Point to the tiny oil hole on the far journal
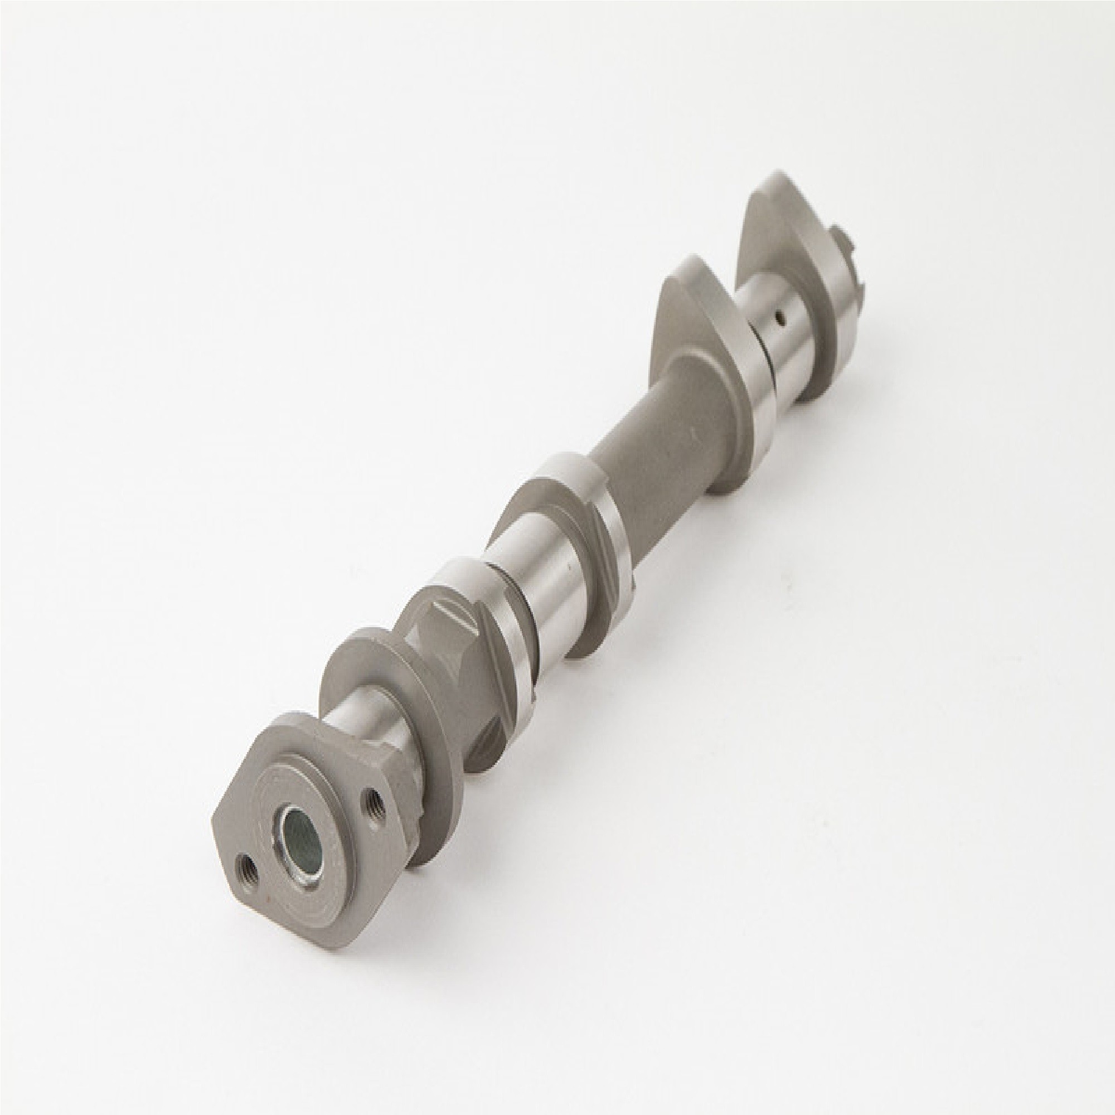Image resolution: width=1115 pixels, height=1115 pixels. [780, 316]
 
